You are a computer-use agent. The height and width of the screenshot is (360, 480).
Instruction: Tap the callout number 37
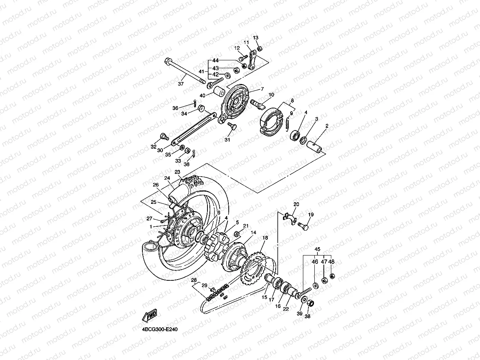tap(181, 84)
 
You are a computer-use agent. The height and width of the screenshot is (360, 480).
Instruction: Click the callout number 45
tap(317, 249)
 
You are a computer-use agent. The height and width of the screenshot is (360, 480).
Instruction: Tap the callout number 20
tap(296, 204)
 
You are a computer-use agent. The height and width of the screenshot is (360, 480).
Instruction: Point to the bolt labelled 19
tap(303, 226)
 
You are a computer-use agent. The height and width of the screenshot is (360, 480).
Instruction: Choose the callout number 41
tap(201, 72)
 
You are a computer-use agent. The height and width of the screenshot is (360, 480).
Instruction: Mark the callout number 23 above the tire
tap(177, 172)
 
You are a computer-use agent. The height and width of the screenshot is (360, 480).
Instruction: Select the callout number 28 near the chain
tap(194, 280)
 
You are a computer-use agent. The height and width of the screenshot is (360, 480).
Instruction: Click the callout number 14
tap(253, 233)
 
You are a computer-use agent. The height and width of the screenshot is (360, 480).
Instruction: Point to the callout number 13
tap(255, 37)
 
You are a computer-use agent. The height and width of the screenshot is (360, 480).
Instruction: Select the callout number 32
tap(153, 147)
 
